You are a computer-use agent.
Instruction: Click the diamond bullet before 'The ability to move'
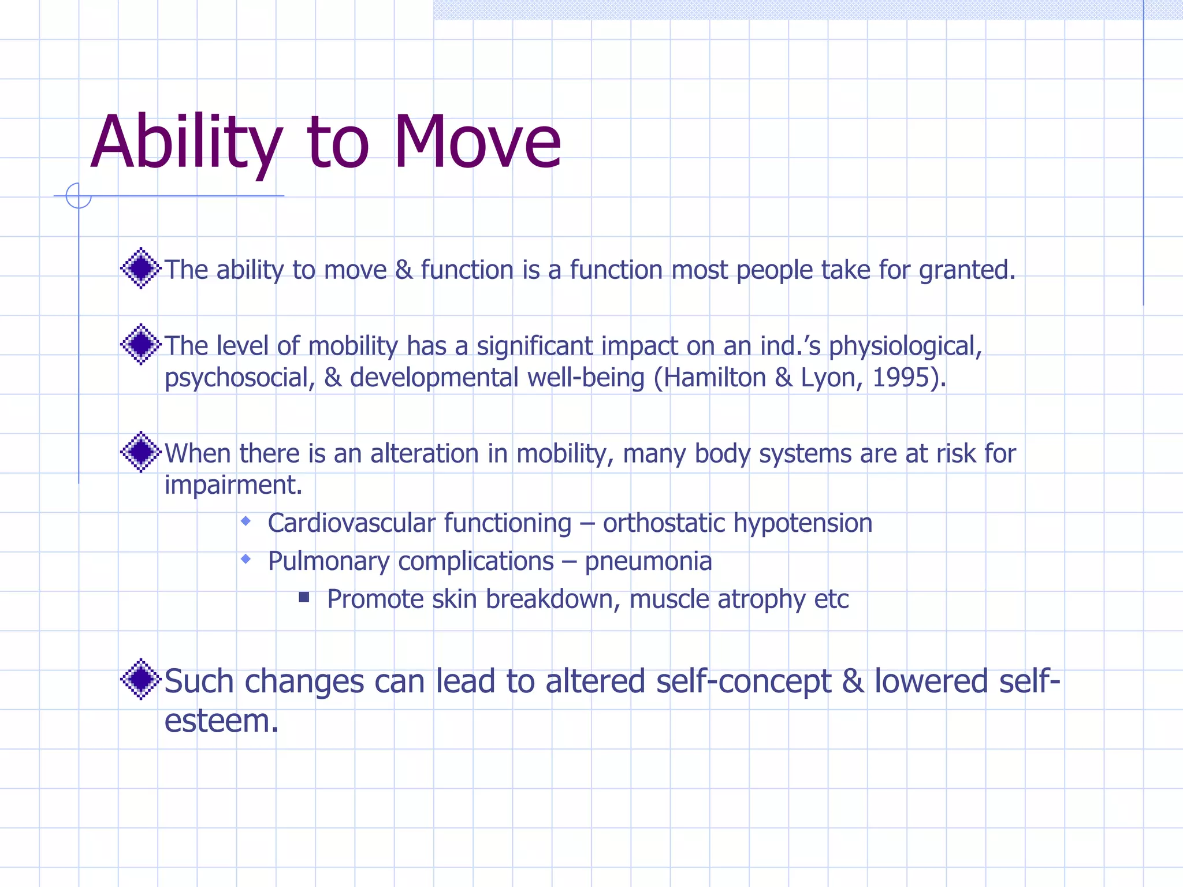pos(140,268)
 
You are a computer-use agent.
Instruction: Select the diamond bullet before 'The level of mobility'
pos(140,344)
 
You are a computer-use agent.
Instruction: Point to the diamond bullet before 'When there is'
pos(140,452)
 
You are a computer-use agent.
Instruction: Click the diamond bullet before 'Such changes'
pos(140,679)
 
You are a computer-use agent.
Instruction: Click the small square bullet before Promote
pos(304,597)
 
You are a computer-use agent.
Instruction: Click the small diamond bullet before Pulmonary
pos(246,559)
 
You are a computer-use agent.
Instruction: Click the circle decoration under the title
pos(79,195)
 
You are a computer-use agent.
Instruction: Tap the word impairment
pos(233,485)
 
